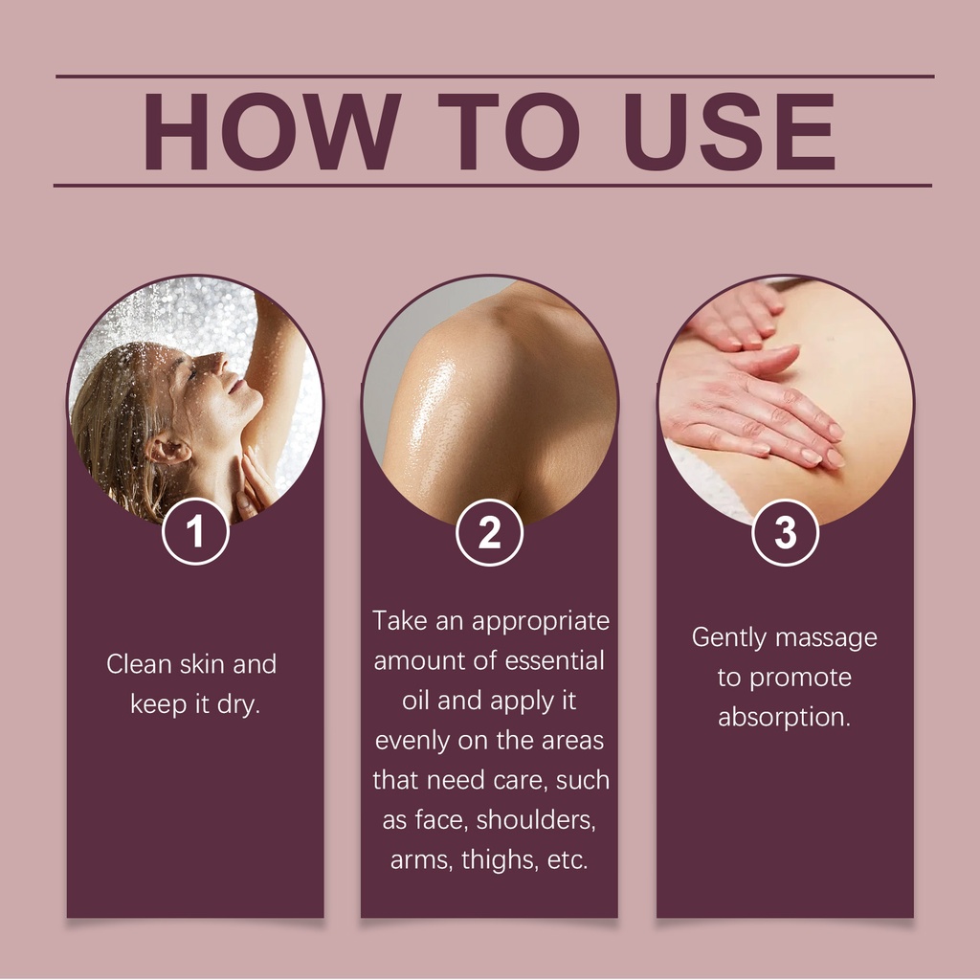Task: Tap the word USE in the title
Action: click(729, 131)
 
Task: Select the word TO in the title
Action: click(508, 131)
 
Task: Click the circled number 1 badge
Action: click(195, 532)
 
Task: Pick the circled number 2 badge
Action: click(489, 532)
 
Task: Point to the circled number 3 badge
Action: click(785, 532)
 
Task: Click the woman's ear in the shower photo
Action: click(168, 448)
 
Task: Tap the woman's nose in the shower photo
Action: click(219, 361)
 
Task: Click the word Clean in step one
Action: click(139, 664)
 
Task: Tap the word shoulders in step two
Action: click(536, 820)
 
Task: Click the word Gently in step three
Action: click(728, 638)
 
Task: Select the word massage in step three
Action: click(826, 638)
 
